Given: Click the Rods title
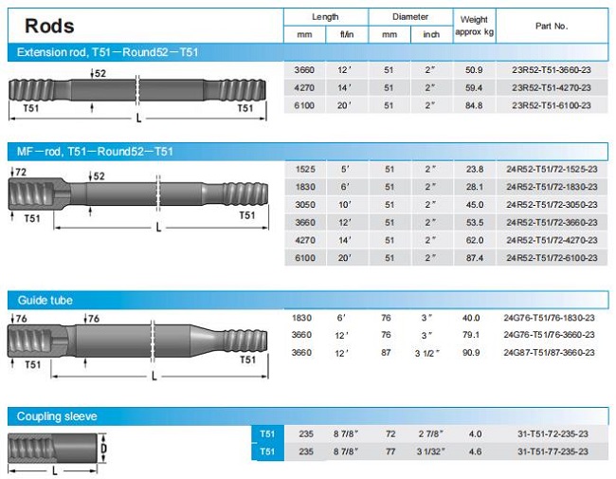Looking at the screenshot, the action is coord(49,26).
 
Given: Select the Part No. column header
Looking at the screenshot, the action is coord(552,27).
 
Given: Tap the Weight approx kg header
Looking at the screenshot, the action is coord(474,26).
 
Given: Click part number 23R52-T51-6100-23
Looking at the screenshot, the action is coord(552,105).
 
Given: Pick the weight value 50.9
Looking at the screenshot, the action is coord(474,70).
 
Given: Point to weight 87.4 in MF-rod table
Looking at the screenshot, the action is coord(475,258).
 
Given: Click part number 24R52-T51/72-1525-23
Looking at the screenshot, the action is coord(552,170).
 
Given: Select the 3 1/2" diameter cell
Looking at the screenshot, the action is coord(427,353).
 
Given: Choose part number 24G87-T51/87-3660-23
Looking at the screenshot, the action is coord(550,353).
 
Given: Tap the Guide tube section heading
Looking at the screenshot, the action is coord(45,301).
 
